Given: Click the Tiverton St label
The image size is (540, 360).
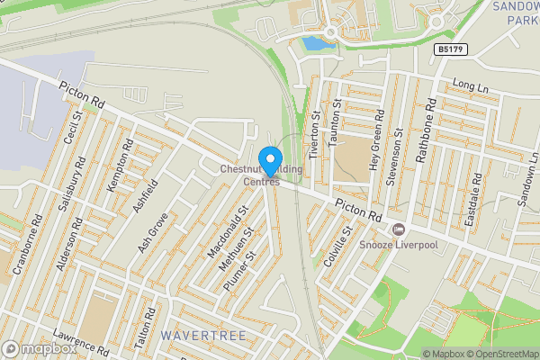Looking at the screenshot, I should coord(315,135).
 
